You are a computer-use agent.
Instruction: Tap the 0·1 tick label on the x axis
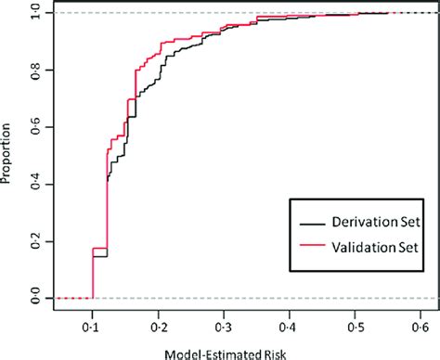(x=93, y=328)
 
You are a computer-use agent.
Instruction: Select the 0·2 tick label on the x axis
(x=159, y=328)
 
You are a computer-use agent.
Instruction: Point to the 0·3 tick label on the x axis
(x=225, y=328)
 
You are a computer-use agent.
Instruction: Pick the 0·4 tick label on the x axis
(x=291, y=328)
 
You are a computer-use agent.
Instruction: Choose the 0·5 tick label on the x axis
(x=356, y=328)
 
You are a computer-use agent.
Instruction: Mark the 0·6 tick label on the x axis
(x=422, y=328)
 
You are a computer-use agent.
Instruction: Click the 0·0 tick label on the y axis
(x=34, y=298)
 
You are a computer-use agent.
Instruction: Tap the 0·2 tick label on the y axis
(x=34, y=240)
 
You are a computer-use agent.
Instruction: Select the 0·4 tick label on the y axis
(x=34, y=184)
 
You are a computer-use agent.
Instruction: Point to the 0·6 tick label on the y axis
(x=34, y=127)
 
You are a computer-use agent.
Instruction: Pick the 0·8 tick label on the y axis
(x=34, y=71)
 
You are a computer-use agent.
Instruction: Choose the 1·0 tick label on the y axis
(x=34, y=14)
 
